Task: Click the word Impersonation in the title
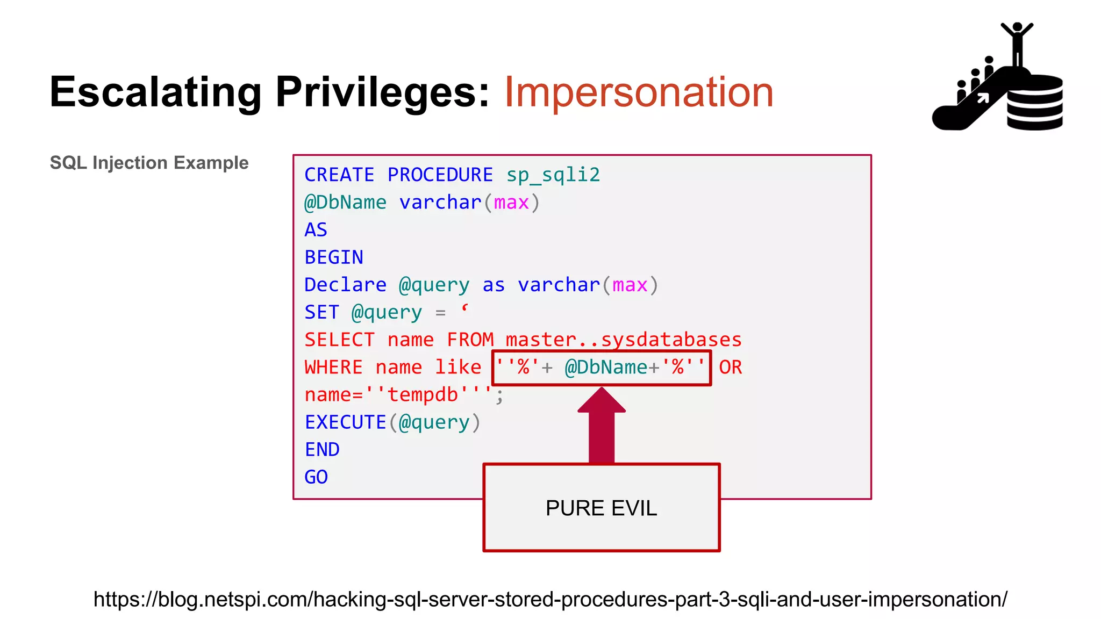pos(639,92)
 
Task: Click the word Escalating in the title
pos(155,92)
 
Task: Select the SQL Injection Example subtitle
pos(149,163)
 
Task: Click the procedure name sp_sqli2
pos(553,175)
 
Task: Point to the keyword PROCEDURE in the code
pos(440,175)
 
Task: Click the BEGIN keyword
pos(334,257)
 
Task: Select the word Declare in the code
pos(345,285)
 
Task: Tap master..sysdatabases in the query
pos(624,340)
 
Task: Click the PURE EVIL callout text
pos(601,508)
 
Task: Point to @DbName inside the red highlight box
pos(606,368)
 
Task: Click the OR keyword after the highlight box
pos(730,368)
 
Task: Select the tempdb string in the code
pos(422,395)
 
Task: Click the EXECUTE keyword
pos(345,422)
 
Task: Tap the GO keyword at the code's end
pos(316,477)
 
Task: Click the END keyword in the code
pos(322,450)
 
